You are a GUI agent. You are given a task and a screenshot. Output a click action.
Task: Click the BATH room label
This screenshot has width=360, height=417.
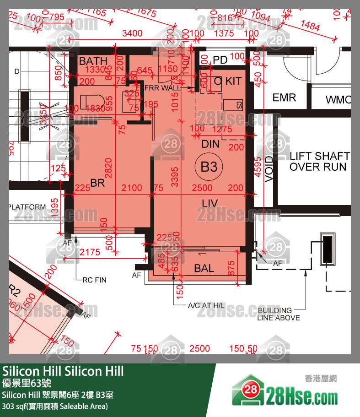[93, 61]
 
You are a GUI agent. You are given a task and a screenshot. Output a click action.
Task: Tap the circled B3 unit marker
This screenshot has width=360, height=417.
[209, 167]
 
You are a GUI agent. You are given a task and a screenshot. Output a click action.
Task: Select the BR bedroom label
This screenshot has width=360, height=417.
[98, 183]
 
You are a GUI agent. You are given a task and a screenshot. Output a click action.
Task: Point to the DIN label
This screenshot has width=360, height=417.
[211, 144]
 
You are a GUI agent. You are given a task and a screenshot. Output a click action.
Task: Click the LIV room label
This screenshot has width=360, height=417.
[210, 203]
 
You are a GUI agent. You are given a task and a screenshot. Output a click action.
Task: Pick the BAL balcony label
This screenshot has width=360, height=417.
[204, 268]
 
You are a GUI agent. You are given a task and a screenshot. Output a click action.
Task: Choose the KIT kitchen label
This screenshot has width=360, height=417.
[233, 81]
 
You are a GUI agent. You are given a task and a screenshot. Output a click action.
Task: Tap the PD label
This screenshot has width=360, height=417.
[220, 60]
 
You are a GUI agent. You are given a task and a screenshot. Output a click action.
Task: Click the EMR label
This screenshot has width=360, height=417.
[284, 97]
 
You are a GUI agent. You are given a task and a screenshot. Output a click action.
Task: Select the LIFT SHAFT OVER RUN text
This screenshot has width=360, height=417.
[319, 162]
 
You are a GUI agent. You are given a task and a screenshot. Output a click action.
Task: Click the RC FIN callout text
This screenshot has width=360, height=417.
[94, 280]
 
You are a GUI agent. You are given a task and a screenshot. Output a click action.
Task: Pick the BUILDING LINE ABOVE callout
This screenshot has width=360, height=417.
[279, 314]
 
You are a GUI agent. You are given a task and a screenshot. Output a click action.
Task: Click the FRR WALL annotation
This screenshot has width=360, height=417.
[162, 87]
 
